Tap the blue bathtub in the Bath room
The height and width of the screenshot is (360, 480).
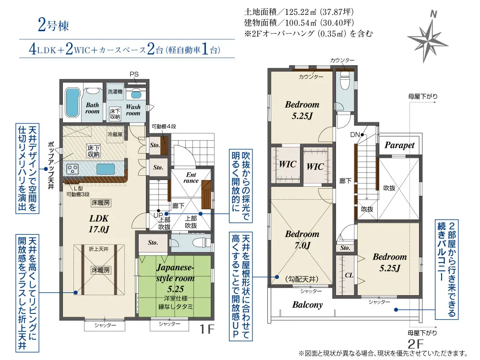(x=72, y=103)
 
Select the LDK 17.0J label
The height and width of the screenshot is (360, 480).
(x=99, y=224)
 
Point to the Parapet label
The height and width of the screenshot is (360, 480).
(x=399, y=145)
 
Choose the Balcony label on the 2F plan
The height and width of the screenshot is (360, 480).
(x=307, y=305)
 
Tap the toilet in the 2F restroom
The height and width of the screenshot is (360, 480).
(x=345, y=81)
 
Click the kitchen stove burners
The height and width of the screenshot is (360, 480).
(x=73, y=168)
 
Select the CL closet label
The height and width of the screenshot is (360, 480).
(x=349, y=275)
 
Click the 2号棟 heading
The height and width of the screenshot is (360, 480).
(x=54, y=25)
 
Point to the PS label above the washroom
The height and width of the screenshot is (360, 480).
(x=134, y=74)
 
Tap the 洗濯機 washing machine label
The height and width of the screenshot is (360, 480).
(x=115, y=92)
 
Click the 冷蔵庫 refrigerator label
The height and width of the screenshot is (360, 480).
(x=115, y=134)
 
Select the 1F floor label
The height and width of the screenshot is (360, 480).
(x=206, y=329)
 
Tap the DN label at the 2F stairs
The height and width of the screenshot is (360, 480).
(x=355, y=135)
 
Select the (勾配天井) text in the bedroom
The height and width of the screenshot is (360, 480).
(x=302, y=279)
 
